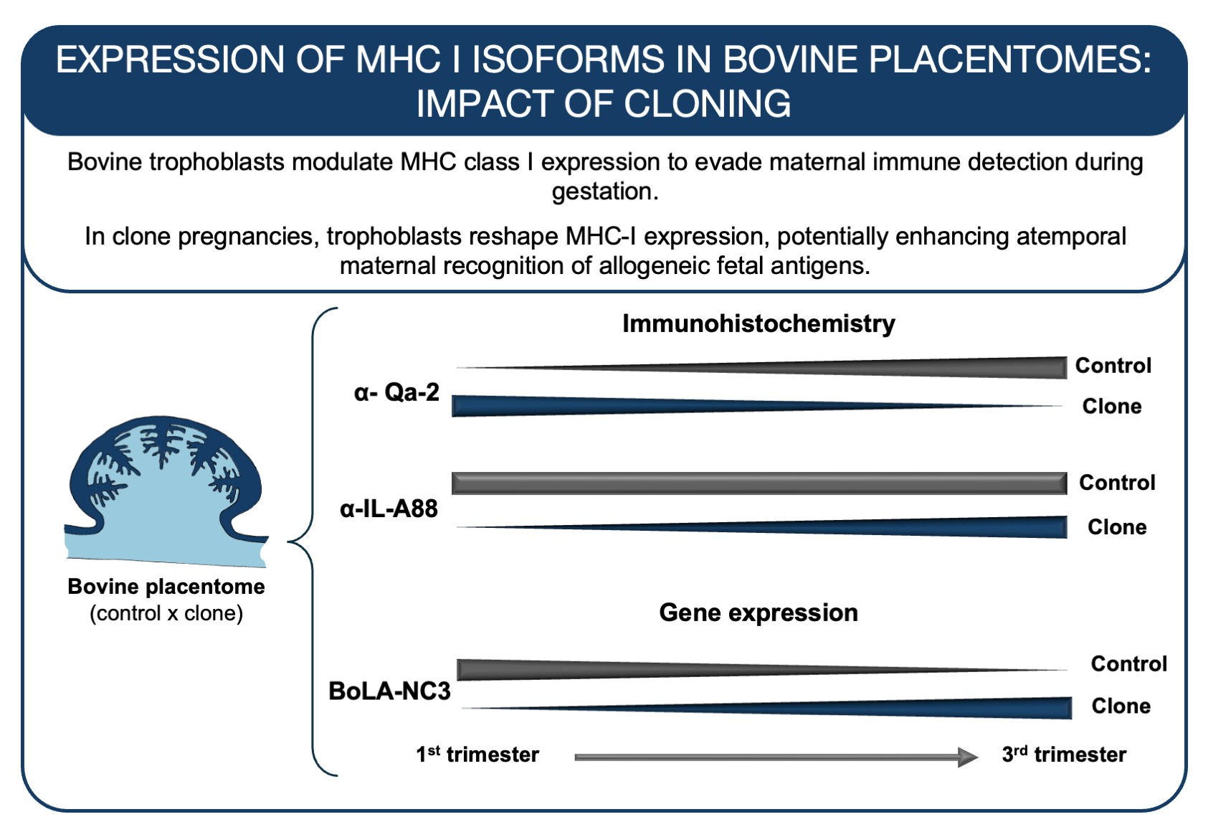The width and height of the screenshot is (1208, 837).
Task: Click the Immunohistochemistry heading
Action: click(x=758, y=323)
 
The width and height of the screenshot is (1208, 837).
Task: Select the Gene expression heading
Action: click(x=758, y=613)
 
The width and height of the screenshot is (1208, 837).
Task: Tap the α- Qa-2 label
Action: click(x=396, y=392)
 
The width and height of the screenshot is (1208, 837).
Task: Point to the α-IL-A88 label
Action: click(x=389, y=509)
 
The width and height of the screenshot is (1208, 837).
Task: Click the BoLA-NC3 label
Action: click(x=389, y=691)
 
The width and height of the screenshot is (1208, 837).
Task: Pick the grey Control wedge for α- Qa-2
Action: click(x=932, y=368)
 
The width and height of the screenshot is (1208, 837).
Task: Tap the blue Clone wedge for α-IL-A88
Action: click(x=932, y=527)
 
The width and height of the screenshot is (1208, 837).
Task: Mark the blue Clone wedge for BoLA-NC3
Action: click(x=932, y=707)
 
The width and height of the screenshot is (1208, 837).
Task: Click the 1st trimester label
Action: click(x=477, y=755)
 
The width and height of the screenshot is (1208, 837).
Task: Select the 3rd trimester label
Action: click(x=1064, y=755)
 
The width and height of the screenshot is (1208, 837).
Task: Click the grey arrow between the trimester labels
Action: click(x=774, y=757)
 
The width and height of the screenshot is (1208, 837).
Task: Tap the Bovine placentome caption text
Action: click(x=166, y=587)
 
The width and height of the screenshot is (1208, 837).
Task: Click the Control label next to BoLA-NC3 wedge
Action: click(x=1128, y=663)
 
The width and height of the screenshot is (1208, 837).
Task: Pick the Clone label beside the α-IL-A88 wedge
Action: click(x=1116, y=527)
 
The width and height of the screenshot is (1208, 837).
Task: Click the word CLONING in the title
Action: click(x=707, y=104)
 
